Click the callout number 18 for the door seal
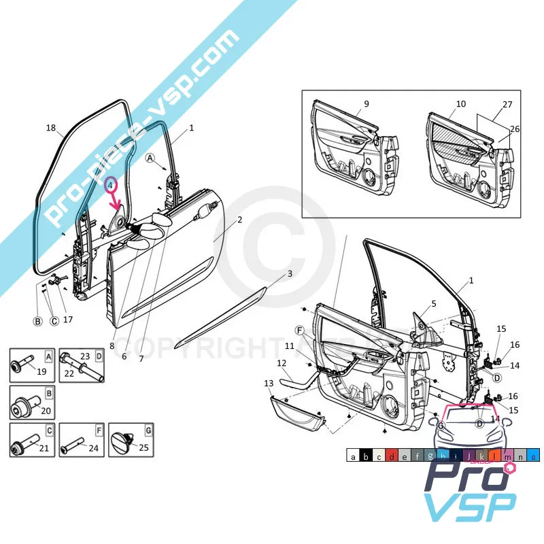coord(51,128)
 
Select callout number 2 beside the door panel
coord(239,220)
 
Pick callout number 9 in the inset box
coord(366,104)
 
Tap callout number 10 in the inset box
coord(460,104)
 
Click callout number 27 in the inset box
coord(507,105)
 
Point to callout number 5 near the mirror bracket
coord(433,303)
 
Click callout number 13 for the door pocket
coord(269,384)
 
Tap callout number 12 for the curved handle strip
coord(282,364)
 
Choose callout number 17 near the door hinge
coord(68,319)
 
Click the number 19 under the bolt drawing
coord(41,371)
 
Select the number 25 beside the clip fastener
coord(143,447)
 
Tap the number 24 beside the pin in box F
coord(94,447)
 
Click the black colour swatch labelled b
coord(367,457)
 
